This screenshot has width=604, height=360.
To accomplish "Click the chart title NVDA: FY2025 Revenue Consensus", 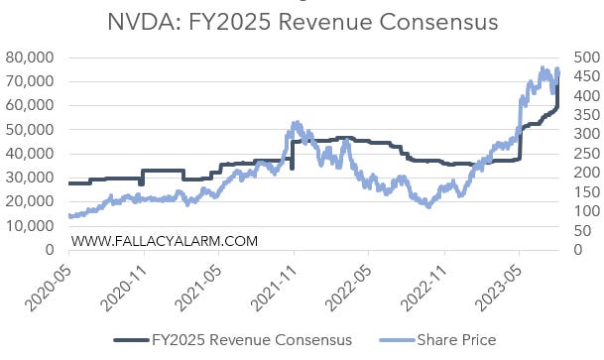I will [x=302, y=21].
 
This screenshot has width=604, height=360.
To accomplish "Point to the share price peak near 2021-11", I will [x=297, y=123].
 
